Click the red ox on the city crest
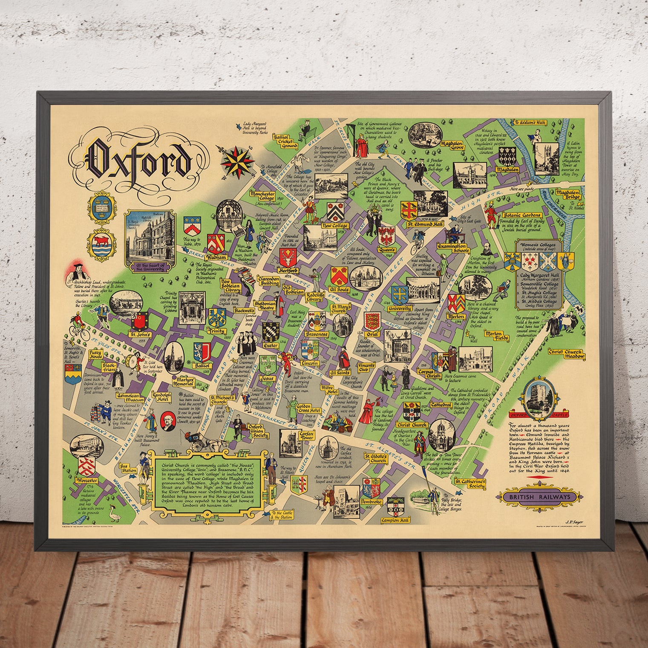(x=99, y=242)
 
